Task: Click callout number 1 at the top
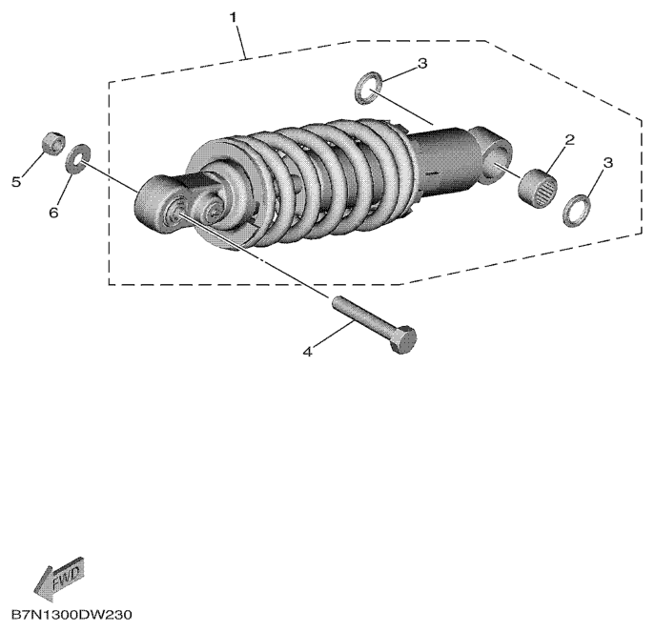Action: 233,18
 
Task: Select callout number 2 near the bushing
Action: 570,140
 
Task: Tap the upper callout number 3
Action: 422,64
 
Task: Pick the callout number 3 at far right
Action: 607,162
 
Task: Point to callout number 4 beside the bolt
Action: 307,352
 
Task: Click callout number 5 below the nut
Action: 16,182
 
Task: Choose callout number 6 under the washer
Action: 53,213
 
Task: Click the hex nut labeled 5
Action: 54,144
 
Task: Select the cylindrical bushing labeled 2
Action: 538,189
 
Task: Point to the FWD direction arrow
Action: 58,579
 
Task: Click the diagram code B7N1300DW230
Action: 72,614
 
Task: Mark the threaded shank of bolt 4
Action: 361,315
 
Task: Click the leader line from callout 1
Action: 240,41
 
